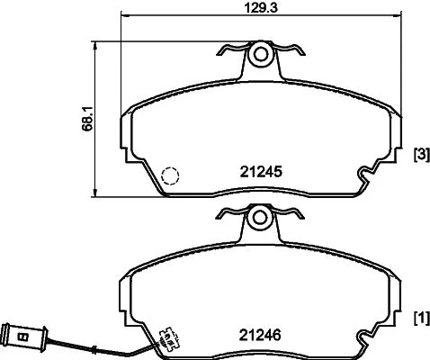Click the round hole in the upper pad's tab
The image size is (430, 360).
[x=260, y=54]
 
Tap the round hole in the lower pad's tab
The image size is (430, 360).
[x=260, y=217]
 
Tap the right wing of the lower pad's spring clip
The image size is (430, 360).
[x=292, y=211]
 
